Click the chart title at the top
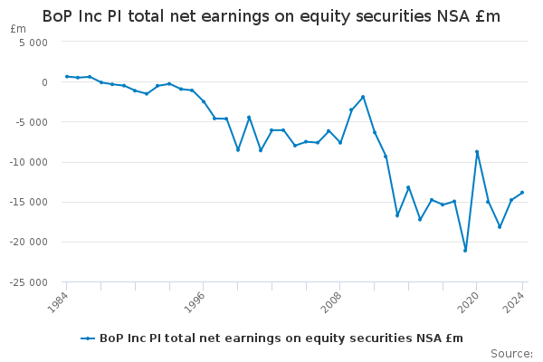coord(271,16)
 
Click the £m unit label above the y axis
coord(18,29)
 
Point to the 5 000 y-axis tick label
coord(33,43)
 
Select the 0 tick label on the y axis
coord(44,82)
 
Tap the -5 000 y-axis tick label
coord(31,122)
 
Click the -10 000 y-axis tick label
coord(29,162)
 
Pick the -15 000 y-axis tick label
coord(29,202)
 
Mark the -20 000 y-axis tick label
coord(29,243)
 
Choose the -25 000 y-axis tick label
coord(29,282)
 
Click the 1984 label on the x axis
coord(58,302)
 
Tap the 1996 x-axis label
coord(195,302)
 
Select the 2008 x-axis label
coord(331,302)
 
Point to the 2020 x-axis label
coord(468,302)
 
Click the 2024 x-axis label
coord(514,302)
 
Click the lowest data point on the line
coord(465,251)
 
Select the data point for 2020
coord(477,152)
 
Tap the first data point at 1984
coord(67,77)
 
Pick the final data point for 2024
coord(522,193)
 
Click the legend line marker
coord(88,338)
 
